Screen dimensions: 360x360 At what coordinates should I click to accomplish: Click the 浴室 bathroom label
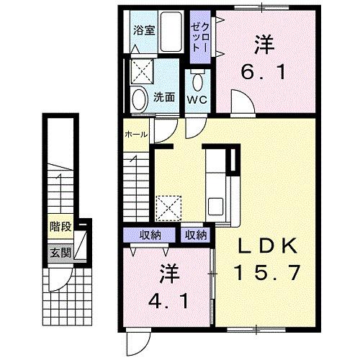click(x=145, y=30)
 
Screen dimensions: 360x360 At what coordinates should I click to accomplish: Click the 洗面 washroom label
click(x=163, y=97)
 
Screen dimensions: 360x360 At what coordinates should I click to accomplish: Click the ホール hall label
click(x=136, y=135)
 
